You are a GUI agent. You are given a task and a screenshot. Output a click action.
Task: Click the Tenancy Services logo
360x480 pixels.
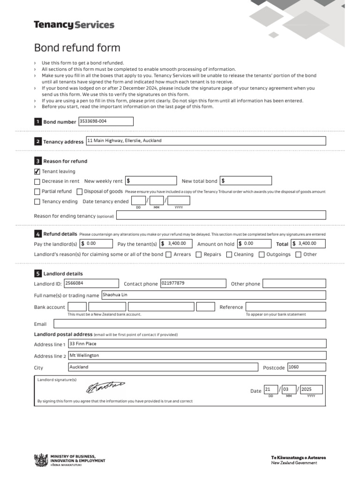tap(74, 25)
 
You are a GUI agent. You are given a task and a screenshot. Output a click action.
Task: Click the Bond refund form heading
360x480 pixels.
tap(77, 48)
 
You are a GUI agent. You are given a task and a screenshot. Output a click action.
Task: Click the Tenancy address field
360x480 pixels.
tap(205, 141)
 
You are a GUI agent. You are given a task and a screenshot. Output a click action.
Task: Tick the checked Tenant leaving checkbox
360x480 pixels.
tap(37, 172)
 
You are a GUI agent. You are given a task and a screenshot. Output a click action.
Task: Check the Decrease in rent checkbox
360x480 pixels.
tap(37, 181)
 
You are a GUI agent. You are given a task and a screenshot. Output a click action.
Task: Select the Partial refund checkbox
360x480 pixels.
tap(37, 191)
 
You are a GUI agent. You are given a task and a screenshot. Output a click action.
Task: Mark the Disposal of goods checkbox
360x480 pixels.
tap(80, 191)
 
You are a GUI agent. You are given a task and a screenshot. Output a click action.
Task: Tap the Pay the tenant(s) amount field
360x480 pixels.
tap(176, 243)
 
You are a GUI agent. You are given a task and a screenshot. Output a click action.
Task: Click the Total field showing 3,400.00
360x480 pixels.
tap(308, 243)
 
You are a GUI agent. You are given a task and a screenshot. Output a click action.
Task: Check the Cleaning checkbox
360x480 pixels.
tap(229, 255)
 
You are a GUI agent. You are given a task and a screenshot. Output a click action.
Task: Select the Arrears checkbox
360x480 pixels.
tap(168, 255)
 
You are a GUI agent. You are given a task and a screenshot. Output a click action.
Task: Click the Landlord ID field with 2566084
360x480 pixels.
tap(91, 283)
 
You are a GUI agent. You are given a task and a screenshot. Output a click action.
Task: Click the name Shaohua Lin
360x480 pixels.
tap(115, 295)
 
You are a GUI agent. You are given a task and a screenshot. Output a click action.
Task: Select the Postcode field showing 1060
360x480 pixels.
tap(306, 367)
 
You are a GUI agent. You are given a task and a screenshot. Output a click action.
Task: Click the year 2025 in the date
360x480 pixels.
tap(311, 390)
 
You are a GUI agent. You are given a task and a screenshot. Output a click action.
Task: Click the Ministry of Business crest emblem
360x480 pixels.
tap(41, 460)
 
